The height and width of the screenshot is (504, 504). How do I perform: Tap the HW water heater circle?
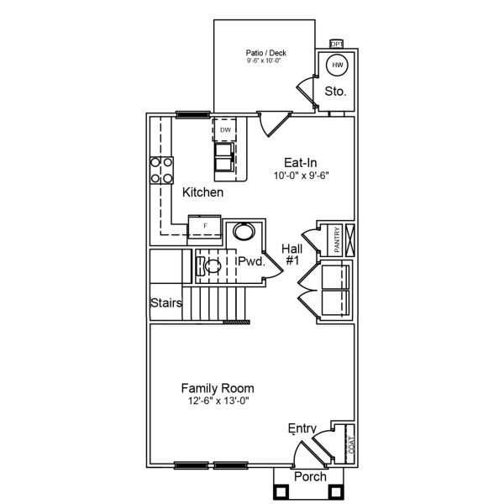(x=338, y=66)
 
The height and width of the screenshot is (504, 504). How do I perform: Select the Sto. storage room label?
(x=336, y=91)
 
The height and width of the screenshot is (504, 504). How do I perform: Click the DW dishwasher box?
(x=225, y=130)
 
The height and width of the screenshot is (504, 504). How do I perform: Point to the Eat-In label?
(x=300, y=163)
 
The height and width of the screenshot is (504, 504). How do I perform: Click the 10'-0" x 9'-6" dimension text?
(x=300, y=176)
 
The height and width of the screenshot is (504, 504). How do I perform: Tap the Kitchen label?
(x=203, y=192)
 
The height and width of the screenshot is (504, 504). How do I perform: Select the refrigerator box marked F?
(x=205, y=226)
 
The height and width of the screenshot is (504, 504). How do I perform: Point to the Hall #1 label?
(x=292, y=255)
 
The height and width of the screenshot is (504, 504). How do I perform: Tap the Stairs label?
(x=166, y=302)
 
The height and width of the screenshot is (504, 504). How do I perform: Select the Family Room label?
(x=218, y=388)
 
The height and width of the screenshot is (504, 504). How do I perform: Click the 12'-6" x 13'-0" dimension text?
(x=218, y=402)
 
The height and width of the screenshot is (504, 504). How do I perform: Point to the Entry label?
(x=302, y=429)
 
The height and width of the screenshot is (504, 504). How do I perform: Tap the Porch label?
(x=310, y=477)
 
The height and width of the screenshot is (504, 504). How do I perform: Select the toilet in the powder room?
(x=210, y=267)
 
